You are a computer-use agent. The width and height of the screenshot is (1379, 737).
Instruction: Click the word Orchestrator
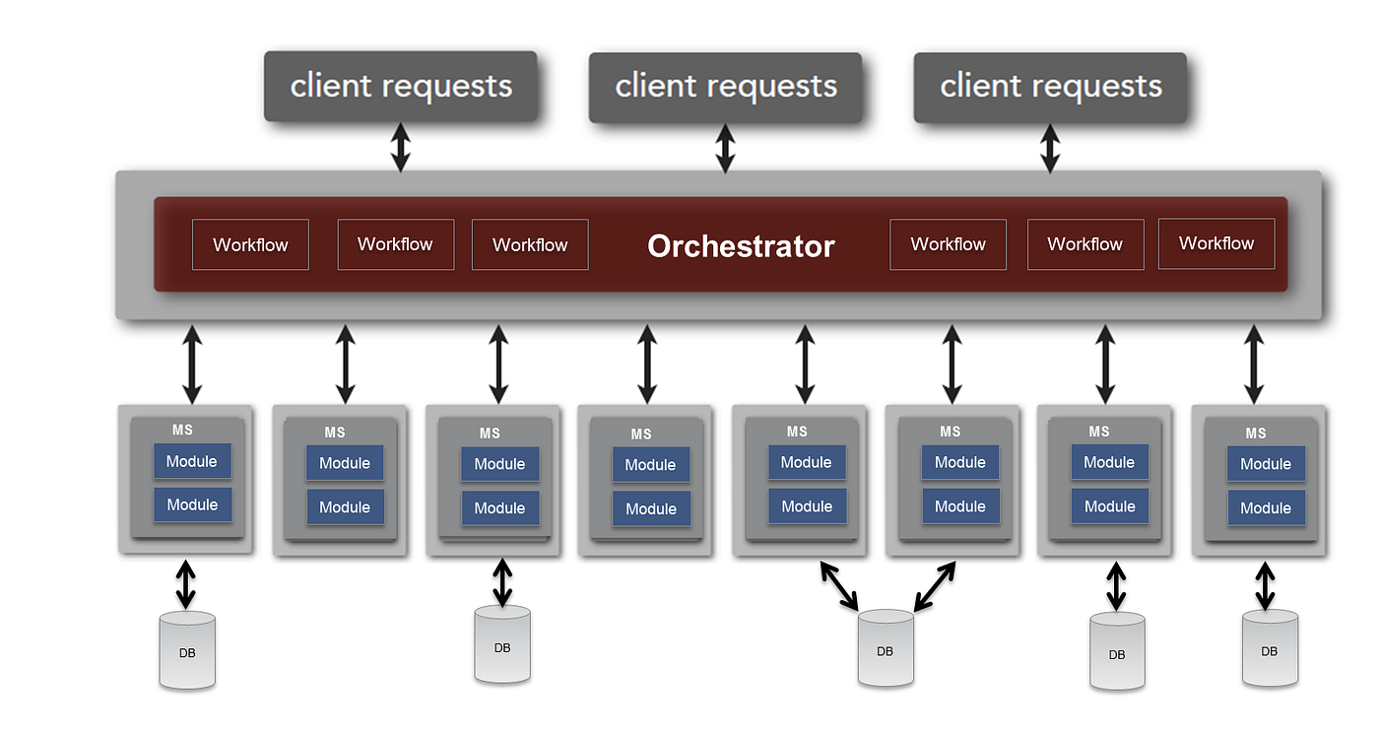click(741, 245)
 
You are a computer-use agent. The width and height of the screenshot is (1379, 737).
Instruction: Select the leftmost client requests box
click(401, 87)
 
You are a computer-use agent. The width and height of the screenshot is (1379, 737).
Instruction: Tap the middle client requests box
click(726, 87)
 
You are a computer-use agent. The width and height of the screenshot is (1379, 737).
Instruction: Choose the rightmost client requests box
click(1050, 87)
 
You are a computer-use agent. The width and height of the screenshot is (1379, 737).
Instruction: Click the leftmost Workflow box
click(250, 244)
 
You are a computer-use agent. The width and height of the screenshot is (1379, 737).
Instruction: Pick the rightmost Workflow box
click(1216, 243)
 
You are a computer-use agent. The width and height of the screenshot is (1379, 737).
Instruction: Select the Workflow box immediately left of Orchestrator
click(530, 244)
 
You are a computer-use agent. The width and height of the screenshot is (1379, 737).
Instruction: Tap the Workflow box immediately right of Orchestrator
click(948, 244)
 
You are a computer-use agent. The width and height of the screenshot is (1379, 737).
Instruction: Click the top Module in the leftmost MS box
click(192, 461)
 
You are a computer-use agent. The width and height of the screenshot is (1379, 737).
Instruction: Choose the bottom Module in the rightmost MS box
click(1266, 508)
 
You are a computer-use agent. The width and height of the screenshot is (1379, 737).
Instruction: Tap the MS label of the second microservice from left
click(335, 433)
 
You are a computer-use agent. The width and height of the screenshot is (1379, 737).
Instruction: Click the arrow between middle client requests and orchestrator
click(725, 148)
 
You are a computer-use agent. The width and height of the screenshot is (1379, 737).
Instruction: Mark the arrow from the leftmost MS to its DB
click(185, 584)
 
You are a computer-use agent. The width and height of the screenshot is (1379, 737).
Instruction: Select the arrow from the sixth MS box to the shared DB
click(935, 586)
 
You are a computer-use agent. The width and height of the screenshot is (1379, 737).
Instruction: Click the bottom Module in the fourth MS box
click(651, 508)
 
